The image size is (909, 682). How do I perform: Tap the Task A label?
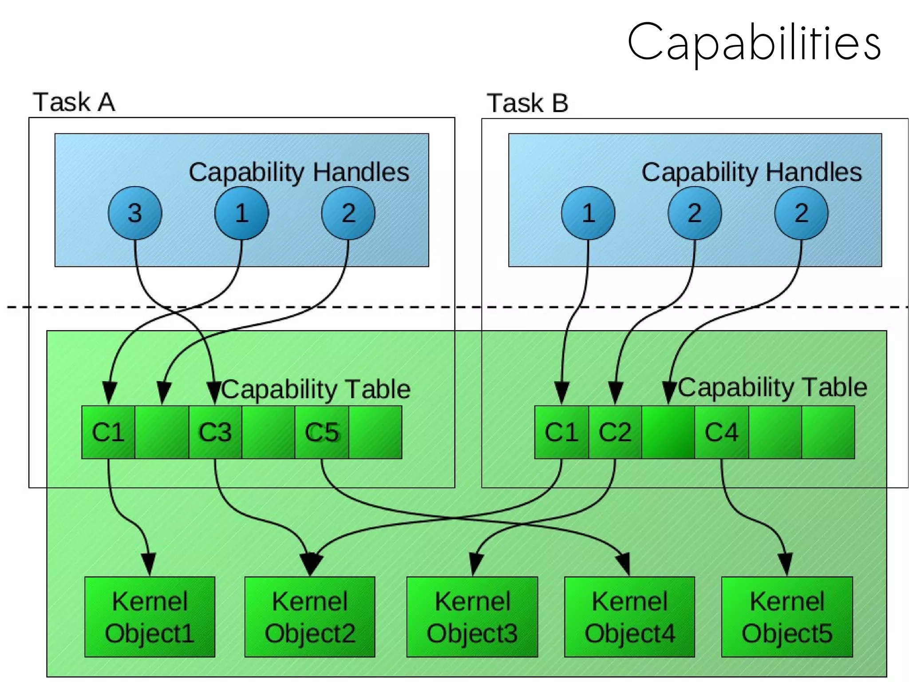click(x=74, y=102)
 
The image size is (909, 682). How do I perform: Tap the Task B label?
click(x=527, y=103)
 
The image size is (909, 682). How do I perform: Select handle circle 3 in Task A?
click(x=135, y=213)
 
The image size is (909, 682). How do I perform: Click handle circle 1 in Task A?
click(x=241, y=213)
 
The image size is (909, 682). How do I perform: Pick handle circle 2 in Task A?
click(x=348, y=213)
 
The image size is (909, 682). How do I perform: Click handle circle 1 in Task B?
click(x=588, y=213)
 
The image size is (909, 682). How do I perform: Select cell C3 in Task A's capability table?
click(x=215, y=432)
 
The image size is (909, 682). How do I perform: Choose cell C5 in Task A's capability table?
click(x=322, y=432)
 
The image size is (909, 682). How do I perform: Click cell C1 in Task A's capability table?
click(x=108, y=432)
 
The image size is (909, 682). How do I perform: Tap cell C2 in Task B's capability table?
click(x=615, y=432)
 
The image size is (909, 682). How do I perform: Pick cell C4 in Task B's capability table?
click(x=722, y=432)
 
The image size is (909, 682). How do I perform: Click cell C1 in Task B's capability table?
click(x=561, y=432)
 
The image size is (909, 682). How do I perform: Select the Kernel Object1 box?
click(x=150, y=617)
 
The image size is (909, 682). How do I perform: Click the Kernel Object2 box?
click(x=310, y=617)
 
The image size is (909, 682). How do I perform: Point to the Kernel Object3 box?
click(x=472, y=617)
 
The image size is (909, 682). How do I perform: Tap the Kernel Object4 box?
click(x=629, y=617)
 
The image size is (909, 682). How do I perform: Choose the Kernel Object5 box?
click(x=787, y=617)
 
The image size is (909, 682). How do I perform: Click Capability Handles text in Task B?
click(x=751, y=172)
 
